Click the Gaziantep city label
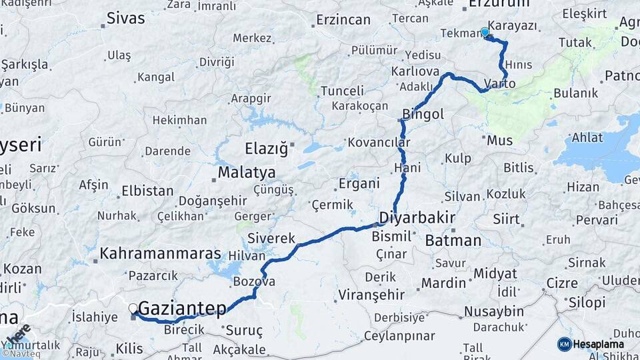pos(182,309)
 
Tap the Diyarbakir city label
pos(417,217)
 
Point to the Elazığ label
pos(266,147)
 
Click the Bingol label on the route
pos(423,114)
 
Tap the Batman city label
pos(453,240)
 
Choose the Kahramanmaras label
pos(160,253)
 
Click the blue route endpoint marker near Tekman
pos(485,32)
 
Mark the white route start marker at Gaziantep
pos(133,309)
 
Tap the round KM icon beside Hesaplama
pos(564,344)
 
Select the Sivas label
pos(125,18)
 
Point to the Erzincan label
pos(343,19)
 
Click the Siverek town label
pos(271,238)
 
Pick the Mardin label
pos(444,283)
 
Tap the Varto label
pos(500,83)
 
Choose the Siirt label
pos(506,219)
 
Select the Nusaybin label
pos(493,311)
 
